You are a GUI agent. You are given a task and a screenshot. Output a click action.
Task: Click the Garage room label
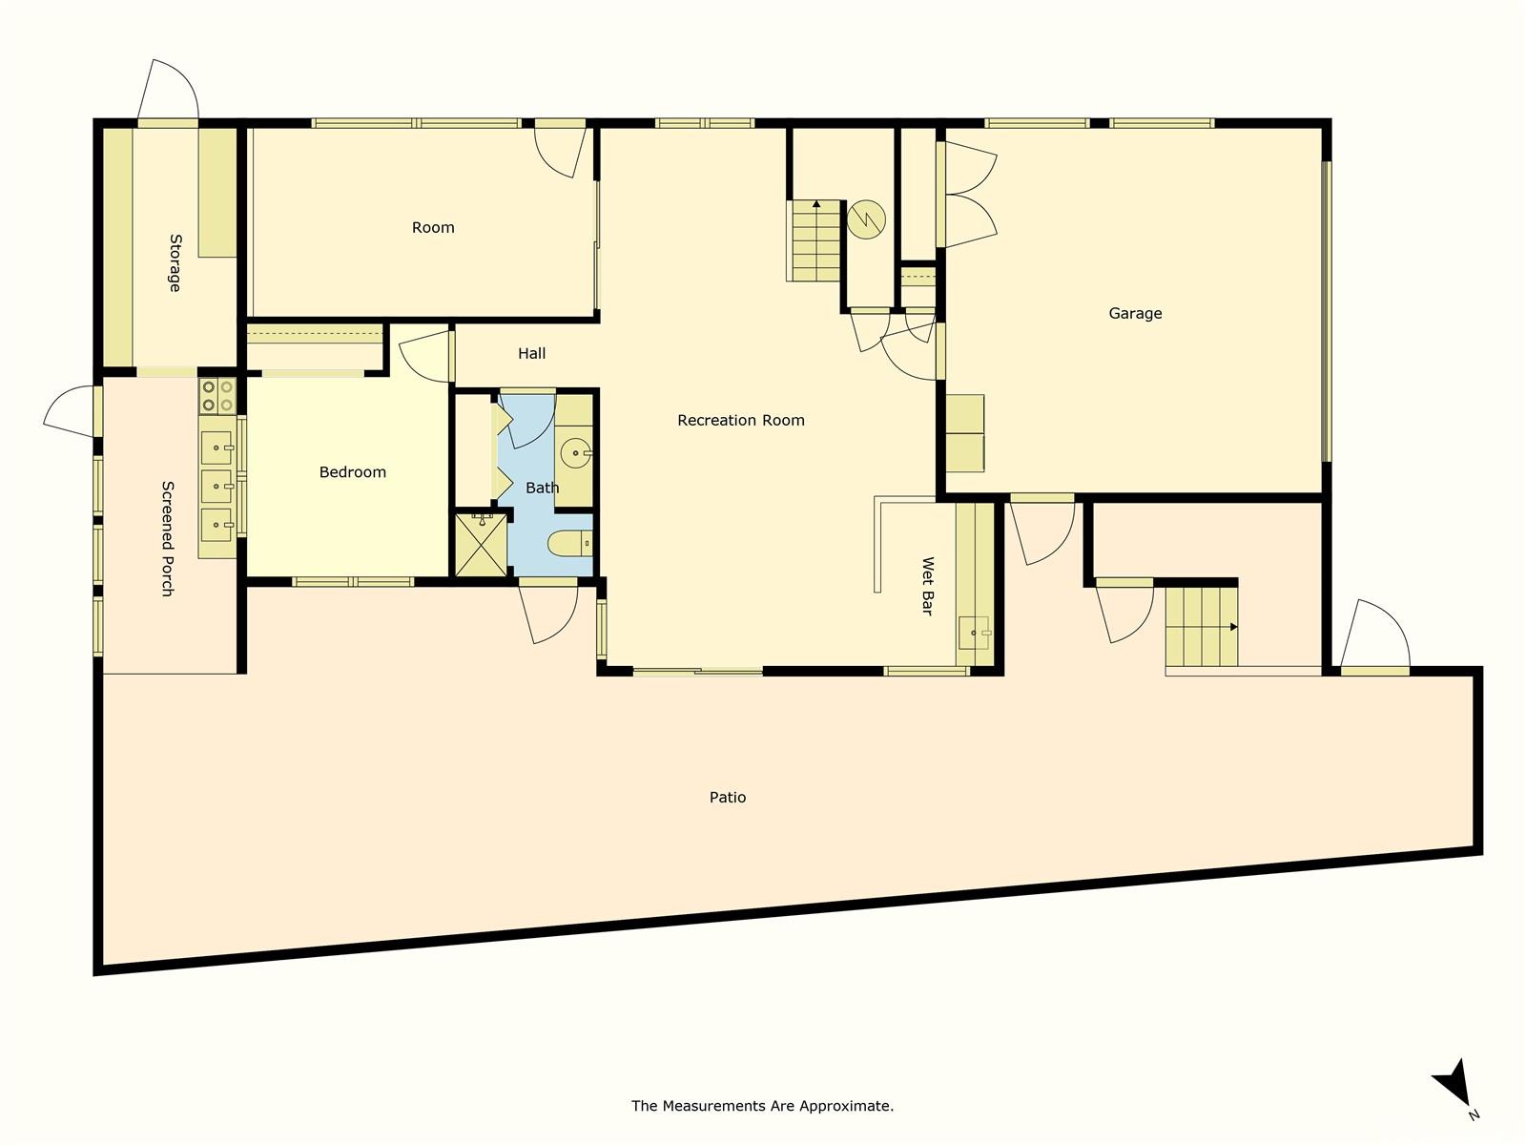click(x=1135, y=313)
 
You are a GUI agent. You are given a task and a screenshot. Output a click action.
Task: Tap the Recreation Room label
click(x=741, y=420)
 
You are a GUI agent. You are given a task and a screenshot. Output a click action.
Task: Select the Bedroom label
click(x=352, y=472)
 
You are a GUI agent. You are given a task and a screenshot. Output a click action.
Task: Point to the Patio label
click(x=728, y=798)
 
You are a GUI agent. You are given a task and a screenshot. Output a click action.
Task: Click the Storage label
click(x=175, y=262)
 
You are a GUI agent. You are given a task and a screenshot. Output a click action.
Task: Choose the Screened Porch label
click(x=168, y=538)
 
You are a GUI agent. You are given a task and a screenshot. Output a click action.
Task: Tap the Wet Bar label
click(x=926, y=586)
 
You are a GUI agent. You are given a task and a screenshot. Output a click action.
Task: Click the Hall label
click(x=531, y=354)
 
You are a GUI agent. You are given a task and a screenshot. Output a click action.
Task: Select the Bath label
click(x=542, y=488)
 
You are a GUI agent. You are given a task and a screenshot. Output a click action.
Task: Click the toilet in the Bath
click(x=570, y=544)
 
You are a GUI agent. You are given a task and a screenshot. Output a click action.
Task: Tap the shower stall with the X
click(x=481, y=545)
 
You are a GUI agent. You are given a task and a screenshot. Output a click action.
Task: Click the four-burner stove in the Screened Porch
click(x=217, y=396)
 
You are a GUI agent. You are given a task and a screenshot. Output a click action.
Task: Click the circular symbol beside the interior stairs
click(x=866, y=219)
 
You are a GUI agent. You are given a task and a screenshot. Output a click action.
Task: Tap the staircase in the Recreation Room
click(x=815, y=240)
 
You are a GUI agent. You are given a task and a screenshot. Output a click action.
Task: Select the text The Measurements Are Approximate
click(x=762, y=1106)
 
